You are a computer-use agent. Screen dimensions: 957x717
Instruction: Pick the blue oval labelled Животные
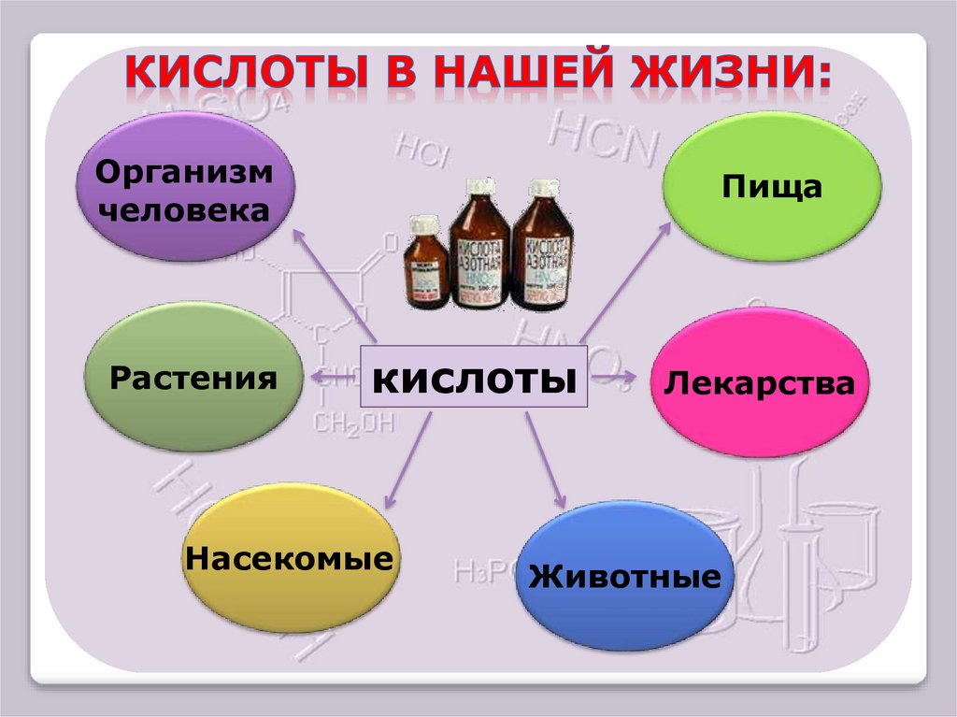624,576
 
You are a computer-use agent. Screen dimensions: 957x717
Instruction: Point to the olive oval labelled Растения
193,379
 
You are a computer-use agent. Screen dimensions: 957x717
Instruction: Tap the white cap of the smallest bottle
425,224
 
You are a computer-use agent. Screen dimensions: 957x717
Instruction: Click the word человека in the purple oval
185,209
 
